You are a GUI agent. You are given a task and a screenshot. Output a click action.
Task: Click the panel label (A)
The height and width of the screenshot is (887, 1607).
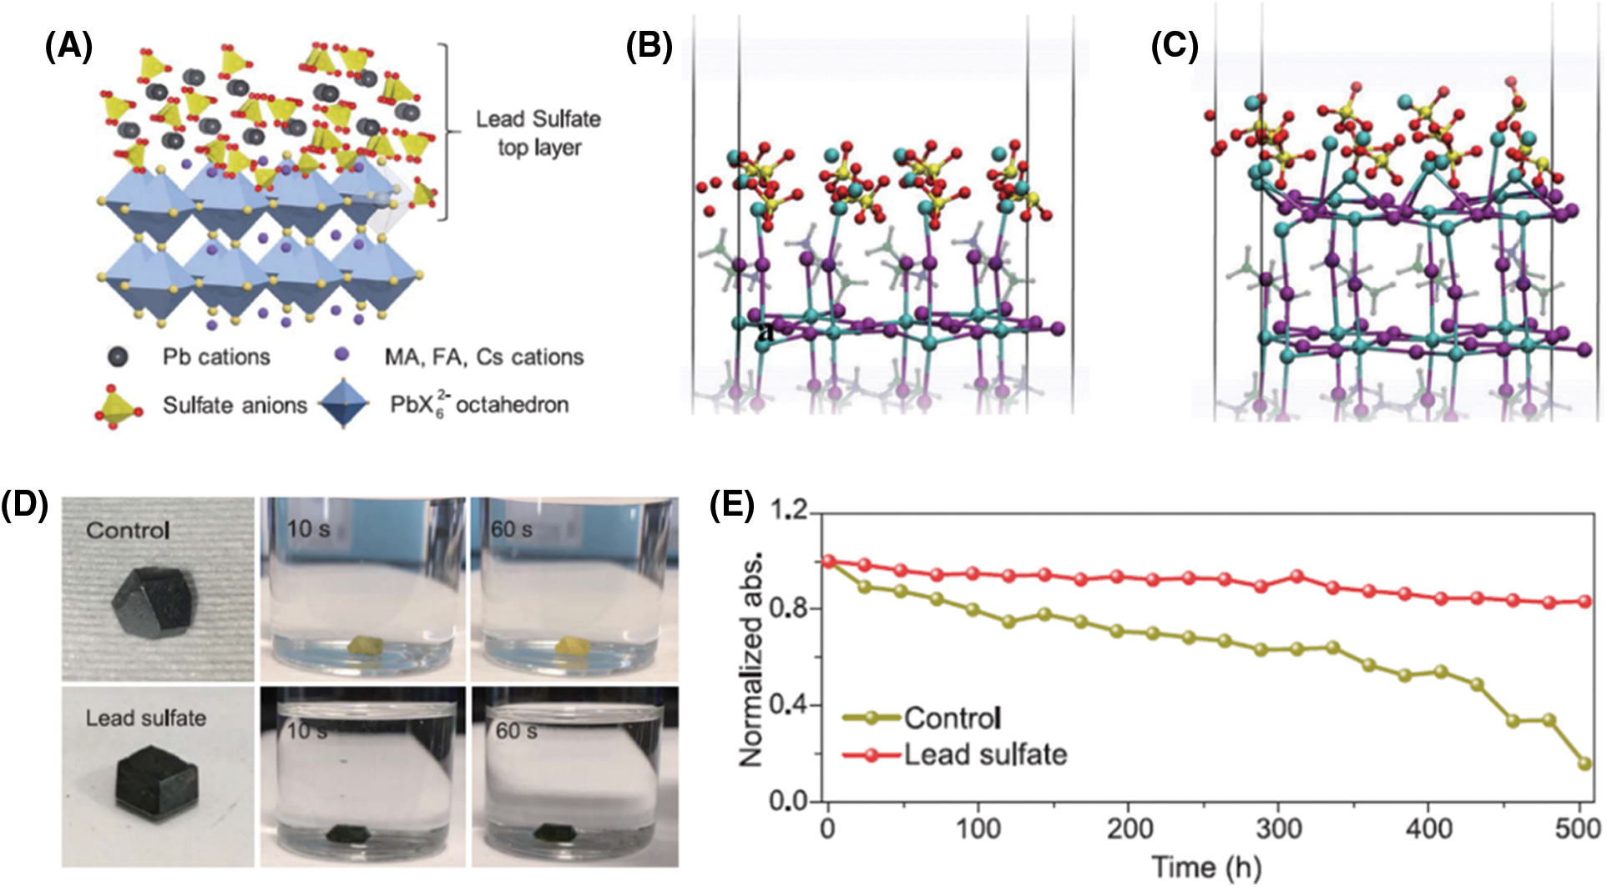pyautogui.click(x=68, y=47)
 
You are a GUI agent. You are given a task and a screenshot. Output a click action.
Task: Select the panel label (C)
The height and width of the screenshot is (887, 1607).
pyautogui.click(x=1175, y=47)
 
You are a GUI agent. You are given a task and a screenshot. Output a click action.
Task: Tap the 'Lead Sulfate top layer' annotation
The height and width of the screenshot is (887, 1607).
pyautogui.click(x=538, y=133)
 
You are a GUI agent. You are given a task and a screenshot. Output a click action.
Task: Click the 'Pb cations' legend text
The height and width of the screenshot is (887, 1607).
pyautogui.click(x=216, y=357)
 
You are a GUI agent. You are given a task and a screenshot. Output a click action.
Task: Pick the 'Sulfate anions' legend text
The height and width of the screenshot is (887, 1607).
pyautogui.click(x=235, y=406)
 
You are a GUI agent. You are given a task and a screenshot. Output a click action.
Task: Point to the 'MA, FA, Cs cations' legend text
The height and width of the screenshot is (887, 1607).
pyautogui.click(x=483, y=357)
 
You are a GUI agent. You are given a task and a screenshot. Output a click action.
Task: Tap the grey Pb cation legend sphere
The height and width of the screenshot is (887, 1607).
pyautogui.click(x=119, y=357)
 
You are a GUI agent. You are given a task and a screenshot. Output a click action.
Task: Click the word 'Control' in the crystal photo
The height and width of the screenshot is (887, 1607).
pyautogui.click(x=128, y=530)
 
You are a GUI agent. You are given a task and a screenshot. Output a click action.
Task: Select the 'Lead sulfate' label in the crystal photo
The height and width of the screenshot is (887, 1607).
pyautogui.click(x=146, y=718)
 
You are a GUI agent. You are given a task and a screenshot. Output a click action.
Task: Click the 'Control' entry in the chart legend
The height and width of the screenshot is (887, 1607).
pyautogui.click(x=952, y=718)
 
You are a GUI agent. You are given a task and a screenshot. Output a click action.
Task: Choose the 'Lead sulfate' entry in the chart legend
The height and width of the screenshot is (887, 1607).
pyautogui.click(x=985, y=754)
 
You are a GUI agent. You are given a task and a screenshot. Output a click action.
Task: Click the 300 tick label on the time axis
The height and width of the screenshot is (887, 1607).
pyautogui.click(x=1278, y=829)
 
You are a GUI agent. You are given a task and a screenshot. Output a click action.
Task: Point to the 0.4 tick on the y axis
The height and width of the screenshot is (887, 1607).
pyautogui.click(x=788, y=705)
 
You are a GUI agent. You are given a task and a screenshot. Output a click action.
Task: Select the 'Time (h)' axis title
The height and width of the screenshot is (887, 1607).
pyautogui.click(x=1206, y=867)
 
